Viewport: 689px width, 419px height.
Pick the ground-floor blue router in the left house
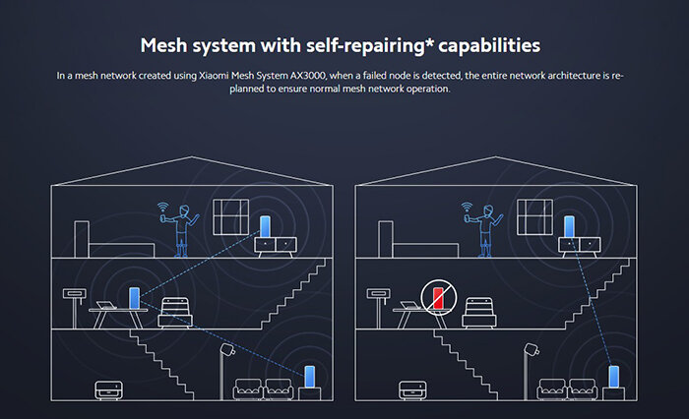click(310, 377)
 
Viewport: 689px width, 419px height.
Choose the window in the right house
click(535, 216)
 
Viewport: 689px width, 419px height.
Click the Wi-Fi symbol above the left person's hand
click(164, 208)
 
